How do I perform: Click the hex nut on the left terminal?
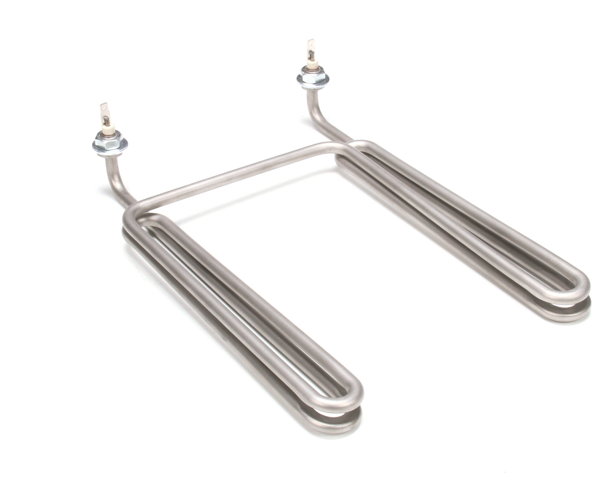tap(108, 141)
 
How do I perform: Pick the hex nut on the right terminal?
tap(313, 79)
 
